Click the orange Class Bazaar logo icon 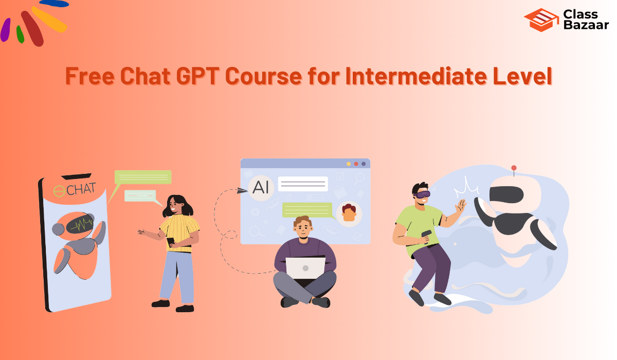541,20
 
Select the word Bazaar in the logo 586,26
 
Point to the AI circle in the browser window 261,187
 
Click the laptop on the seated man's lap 305,268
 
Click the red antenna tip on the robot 513,168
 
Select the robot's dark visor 506,194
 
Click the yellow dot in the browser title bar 349,164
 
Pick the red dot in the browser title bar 356,164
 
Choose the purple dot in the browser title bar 364,164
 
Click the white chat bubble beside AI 303,184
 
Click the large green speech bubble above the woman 143,177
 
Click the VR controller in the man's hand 426,235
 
